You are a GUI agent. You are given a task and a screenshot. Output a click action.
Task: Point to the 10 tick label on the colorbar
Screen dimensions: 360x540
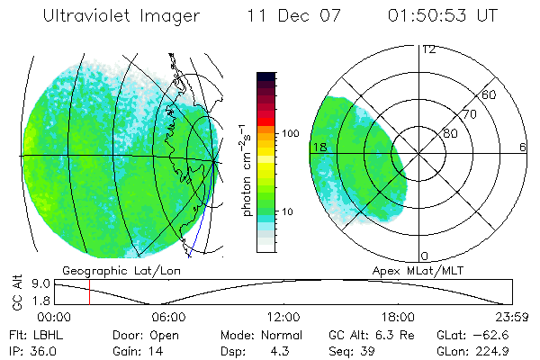click(289, 211)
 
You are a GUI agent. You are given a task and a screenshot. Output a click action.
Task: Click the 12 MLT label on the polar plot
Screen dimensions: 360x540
click(428, 49)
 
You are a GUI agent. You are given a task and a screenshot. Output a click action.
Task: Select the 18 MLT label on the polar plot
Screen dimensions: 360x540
click(318, 147)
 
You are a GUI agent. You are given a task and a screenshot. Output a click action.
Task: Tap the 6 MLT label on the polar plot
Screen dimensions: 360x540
click(522, 147)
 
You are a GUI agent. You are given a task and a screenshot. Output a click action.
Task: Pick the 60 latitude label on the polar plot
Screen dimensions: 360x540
click(490, 94)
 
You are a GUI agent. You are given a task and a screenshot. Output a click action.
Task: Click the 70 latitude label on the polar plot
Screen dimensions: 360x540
click(470, 114)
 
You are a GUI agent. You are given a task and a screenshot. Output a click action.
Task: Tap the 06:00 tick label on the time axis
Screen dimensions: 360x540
click(168, 317)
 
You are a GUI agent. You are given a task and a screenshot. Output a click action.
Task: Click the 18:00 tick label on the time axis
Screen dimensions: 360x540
click(397, 317)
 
